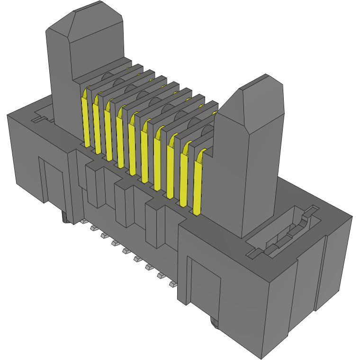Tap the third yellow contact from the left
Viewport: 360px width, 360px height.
pos(109,133)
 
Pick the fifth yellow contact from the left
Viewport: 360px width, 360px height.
pos(132,147)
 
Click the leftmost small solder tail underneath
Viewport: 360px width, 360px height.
pos(82,222)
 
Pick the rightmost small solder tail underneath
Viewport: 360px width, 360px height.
pos(173,285)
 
